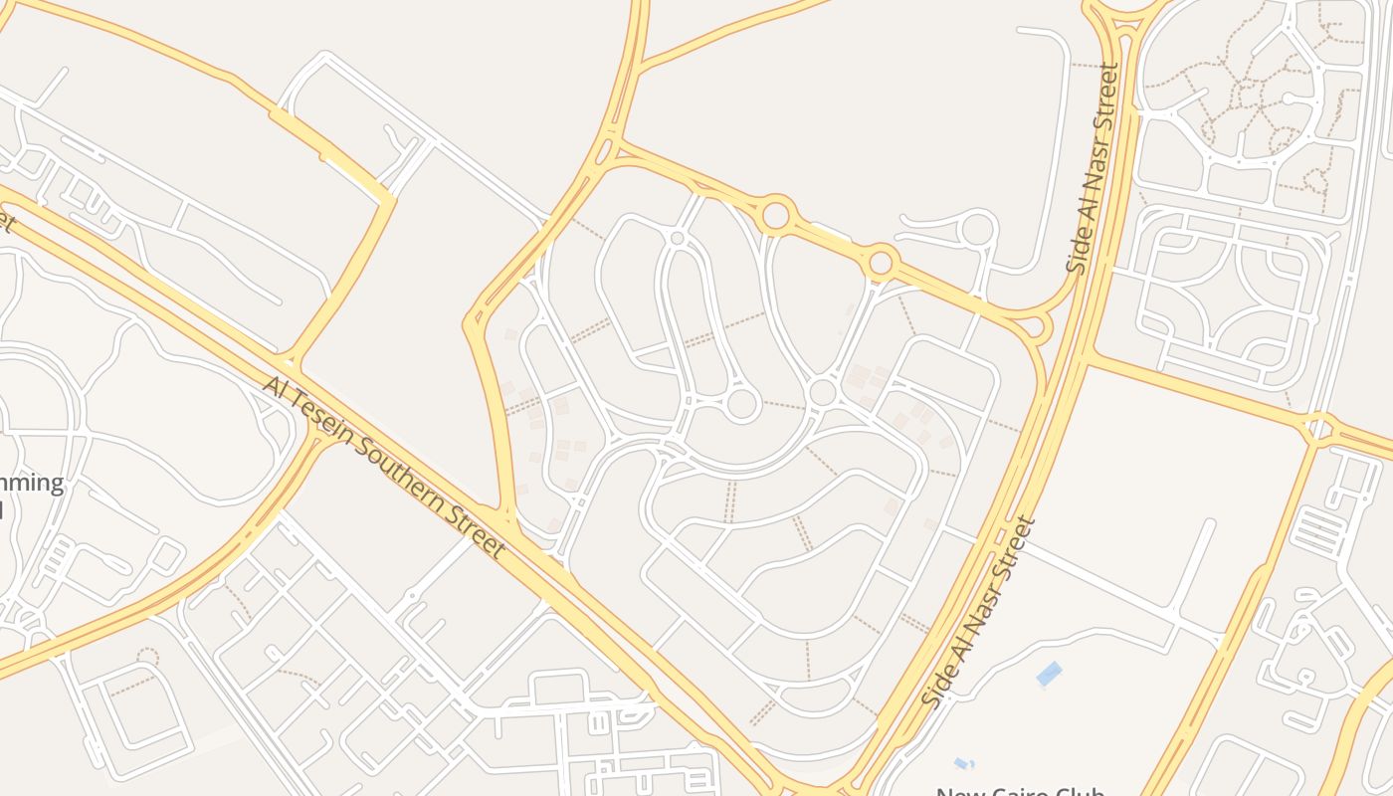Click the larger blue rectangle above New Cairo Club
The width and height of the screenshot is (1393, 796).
tap(1049, 675)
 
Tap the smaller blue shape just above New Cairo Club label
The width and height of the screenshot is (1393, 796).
tap(962, 764)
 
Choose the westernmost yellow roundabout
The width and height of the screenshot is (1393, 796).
tap(775, 214)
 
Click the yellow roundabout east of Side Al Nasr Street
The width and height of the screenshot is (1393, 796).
tap(1319, 429)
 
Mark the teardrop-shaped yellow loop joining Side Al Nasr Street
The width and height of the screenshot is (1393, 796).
tap(1035, 325)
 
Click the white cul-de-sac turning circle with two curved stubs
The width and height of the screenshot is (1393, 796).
tap(978, 229)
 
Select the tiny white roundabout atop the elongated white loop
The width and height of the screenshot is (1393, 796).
tap(678, 238)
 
